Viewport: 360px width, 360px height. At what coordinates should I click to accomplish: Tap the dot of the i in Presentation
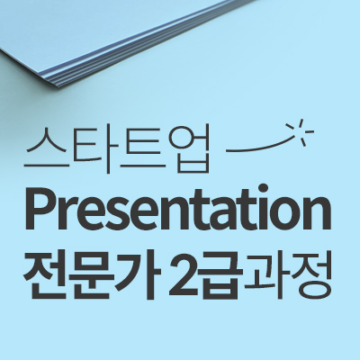point(264,188)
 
